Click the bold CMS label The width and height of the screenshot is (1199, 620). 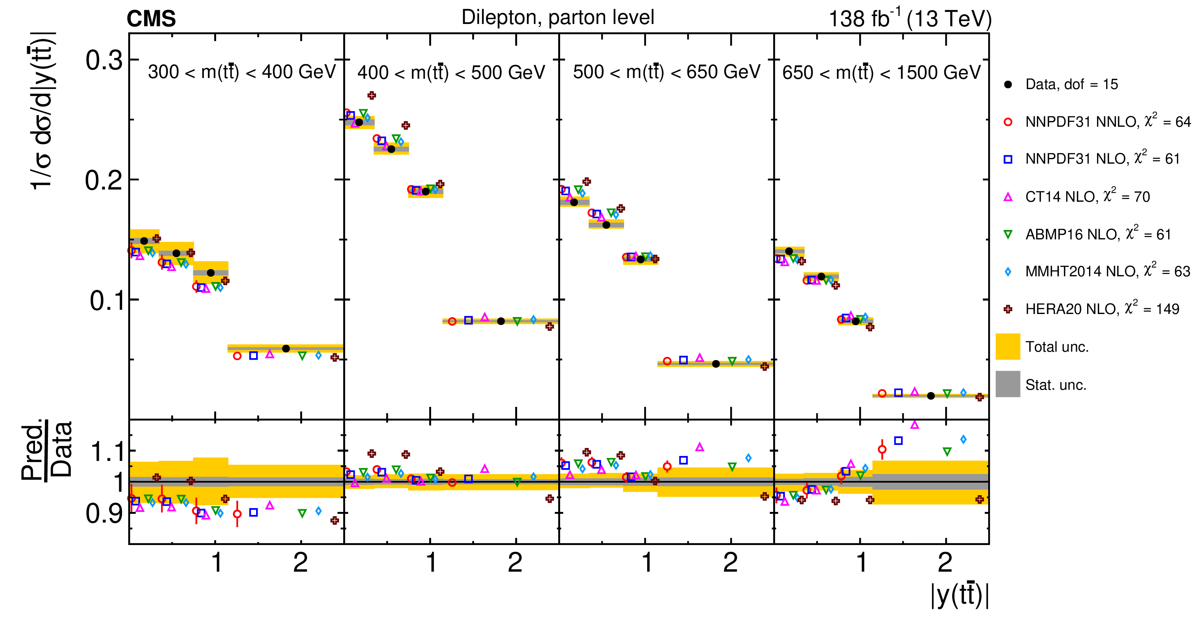tap(151, 19)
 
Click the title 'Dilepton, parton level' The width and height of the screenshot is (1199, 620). tap(557, 18)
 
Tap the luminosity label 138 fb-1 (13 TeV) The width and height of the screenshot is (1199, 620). tap(910, 19)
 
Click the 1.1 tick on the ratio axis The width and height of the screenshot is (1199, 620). tap(107, 451)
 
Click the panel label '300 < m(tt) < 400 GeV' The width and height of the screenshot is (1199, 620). tap(242, 72)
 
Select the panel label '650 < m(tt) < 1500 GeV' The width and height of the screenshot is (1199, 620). tap(881, 73)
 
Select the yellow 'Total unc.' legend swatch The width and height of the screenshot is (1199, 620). tap(1008, 347)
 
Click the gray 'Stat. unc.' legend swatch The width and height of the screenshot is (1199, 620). tap(1008, 384)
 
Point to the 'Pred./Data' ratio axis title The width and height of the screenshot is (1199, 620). tap(46, 449)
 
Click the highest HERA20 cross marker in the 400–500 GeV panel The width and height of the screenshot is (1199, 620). tap(371, 96)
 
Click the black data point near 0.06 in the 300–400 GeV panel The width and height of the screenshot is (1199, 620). tap(286, 349)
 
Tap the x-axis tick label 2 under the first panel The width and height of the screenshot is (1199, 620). tap(301, 563)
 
